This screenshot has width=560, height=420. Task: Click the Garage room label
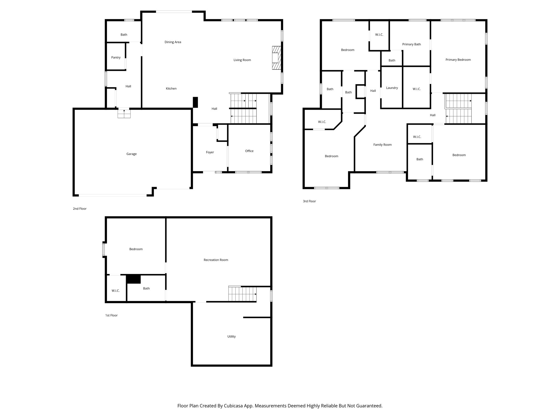(x=131, y=154)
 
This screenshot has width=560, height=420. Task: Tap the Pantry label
(x=116, y=57)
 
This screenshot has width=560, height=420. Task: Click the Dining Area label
(x=173, y=42)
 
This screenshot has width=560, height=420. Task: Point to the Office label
(x=249, y=151)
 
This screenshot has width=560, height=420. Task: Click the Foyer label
(x=210, y=152)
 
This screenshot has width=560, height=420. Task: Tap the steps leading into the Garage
(x=124, y=113)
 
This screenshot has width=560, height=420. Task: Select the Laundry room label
(x=392, y=88)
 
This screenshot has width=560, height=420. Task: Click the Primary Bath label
(x=411, y=44)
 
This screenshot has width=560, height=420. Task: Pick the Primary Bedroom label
(x=458, y=60)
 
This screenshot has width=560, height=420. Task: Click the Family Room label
(x=382, y=145)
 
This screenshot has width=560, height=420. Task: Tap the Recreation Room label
(x=216, y=260)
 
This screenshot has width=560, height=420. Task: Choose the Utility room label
(x=231, y=336)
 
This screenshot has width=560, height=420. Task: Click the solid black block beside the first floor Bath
(x=133, y=279)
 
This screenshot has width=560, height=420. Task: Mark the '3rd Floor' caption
(x=309, y=201)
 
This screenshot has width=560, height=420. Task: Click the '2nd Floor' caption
(x=80, y=209)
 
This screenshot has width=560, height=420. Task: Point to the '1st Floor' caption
(x=111, y=315)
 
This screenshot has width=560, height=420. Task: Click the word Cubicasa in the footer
(x=234, y=406)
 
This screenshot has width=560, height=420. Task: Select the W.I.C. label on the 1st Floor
(x=115, y=291)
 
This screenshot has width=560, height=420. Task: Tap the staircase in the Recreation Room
(x=242, y=294)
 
